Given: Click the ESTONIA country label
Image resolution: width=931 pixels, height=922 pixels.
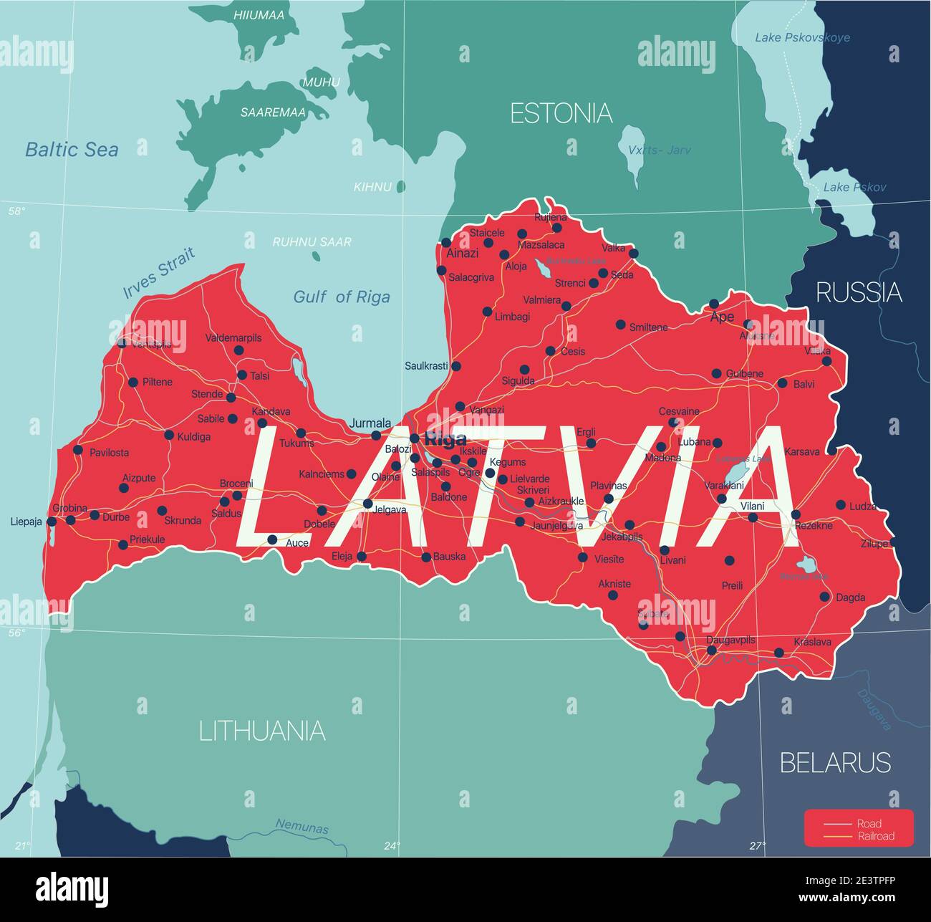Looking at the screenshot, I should click(561, 113).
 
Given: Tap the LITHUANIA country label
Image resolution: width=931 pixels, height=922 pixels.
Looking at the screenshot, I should click(262, 731).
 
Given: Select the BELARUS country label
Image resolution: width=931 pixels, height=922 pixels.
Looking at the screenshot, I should click(835, 762).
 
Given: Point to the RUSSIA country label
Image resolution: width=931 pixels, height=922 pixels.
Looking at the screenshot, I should click(859, 292).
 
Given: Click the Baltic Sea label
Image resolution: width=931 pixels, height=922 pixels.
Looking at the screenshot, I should click(72, 149).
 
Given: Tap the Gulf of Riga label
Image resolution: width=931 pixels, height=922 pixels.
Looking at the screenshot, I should click(342, 297).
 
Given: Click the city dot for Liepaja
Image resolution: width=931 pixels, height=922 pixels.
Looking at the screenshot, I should click(52, 522).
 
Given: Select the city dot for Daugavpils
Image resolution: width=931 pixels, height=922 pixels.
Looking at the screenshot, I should click(711, 650).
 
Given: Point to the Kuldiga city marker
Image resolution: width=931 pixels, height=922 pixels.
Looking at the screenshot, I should click(169, 435).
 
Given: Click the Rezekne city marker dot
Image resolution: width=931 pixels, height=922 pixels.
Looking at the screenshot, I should click(796, 514).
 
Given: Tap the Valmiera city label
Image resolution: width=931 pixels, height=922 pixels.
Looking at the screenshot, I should click(542, 300).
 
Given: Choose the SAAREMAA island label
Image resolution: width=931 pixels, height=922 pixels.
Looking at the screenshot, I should click(273, 112).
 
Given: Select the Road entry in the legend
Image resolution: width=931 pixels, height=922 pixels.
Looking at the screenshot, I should click(869, 823).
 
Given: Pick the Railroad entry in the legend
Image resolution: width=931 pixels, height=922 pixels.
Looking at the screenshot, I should click(875, 836).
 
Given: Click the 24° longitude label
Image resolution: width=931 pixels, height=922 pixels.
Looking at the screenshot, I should click(391, 846).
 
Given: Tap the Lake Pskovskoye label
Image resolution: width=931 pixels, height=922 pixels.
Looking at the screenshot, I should click(802, 37).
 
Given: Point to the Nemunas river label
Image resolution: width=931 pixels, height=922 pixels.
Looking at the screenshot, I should click(302, 827).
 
